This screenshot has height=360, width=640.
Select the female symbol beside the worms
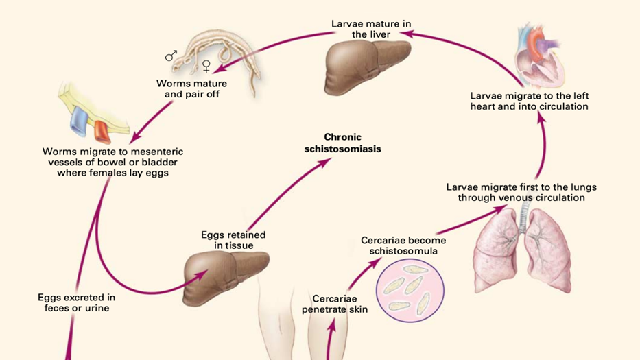[x=206, y=67]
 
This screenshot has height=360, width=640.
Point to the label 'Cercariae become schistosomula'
[x=403, y=245]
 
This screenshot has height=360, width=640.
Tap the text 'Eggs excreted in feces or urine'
[x=76, y=302]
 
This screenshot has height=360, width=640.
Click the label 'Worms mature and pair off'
[x=187, y=89]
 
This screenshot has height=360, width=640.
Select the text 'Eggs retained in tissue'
[x=233, y=240]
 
